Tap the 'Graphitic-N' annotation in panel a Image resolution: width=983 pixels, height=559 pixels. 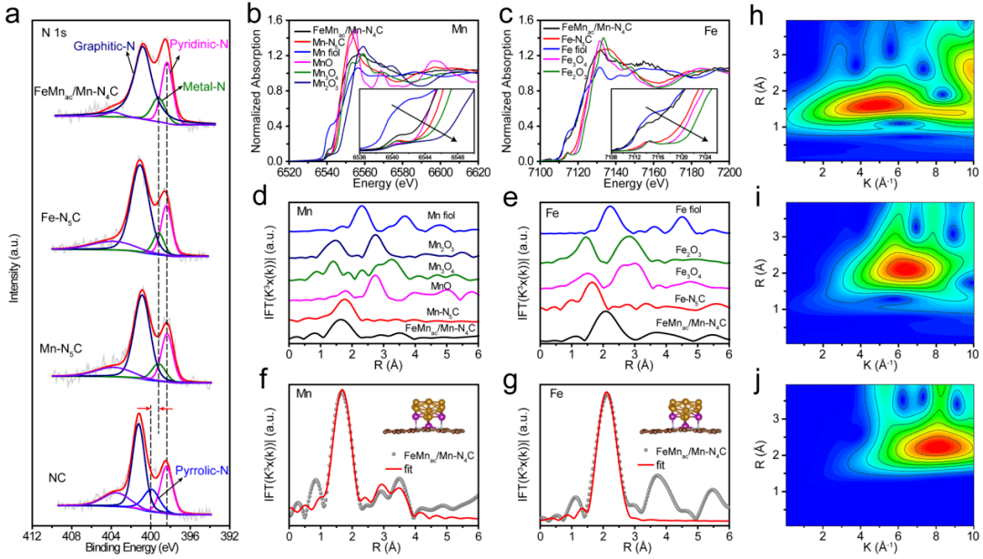coord(104,44)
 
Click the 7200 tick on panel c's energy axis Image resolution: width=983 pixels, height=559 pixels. coord(728,169)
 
